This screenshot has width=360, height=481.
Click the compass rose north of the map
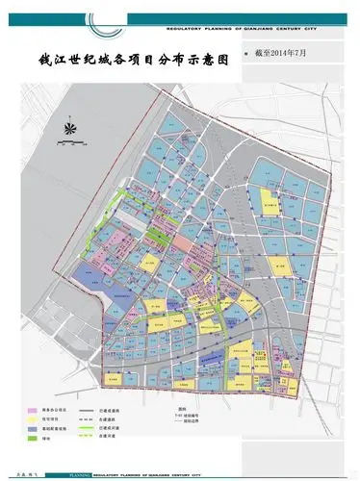69,125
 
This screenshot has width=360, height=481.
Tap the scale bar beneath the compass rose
69,143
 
